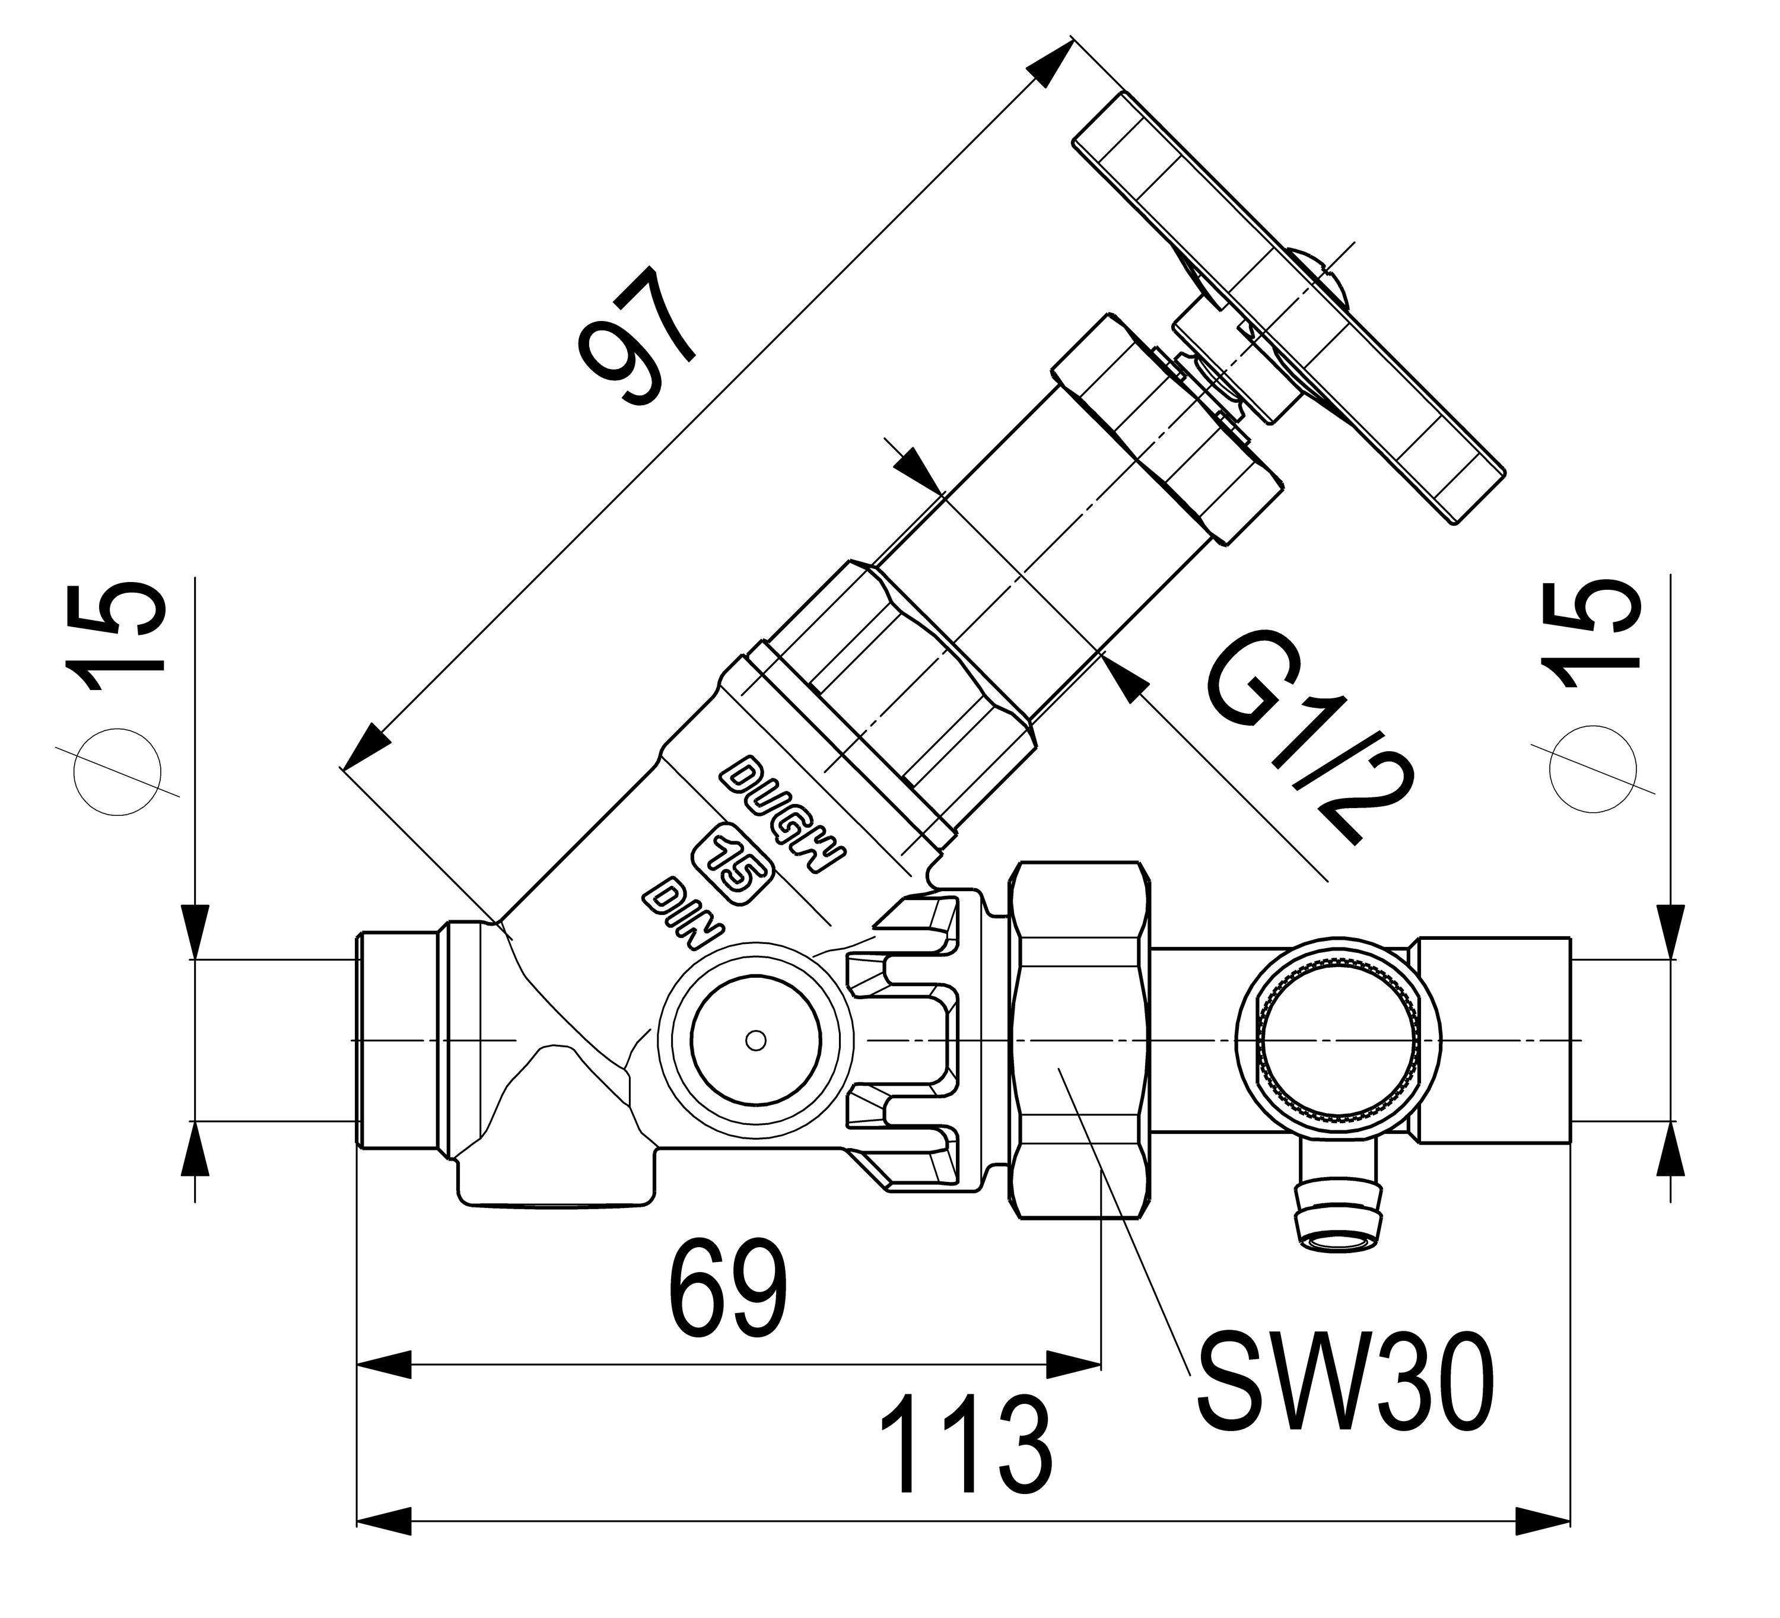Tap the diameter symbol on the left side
[121, 771]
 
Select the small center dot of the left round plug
[754, 1041]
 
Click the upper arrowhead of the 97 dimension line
[1051, 66]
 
